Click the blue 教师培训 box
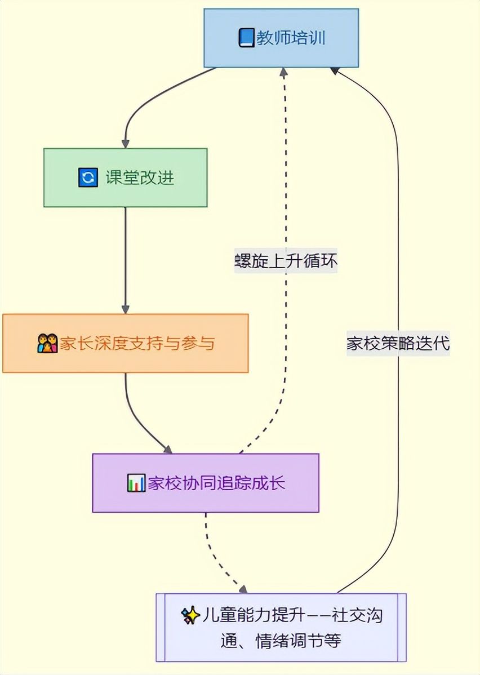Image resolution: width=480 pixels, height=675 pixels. (281, 38)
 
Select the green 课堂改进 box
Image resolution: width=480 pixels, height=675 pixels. (125, 177)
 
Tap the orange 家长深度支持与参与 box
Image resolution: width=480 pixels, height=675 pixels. (125, 343)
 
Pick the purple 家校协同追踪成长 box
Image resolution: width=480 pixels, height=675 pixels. (206, 483)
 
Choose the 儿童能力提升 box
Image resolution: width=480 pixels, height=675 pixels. (281, 627)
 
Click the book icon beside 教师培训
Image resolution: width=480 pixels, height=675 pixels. (246, 38)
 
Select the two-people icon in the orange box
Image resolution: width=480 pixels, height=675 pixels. (47, 343)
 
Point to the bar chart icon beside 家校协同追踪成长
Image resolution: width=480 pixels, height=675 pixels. (136, 483)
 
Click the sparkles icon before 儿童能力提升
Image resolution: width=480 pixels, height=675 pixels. (190, 615)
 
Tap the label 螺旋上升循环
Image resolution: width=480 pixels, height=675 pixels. (286, 261)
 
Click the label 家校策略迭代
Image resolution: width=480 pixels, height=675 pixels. (398, 344)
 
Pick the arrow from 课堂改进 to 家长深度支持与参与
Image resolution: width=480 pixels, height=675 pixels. (125, 259)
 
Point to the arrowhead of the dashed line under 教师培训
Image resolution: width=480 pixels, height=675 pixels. (284, 72)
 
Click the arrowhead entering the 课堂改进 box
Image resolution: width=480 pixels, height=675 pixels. (125, 143)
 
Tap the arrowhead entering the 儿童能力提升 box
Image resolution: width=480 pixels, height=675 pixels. (243, 589)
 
